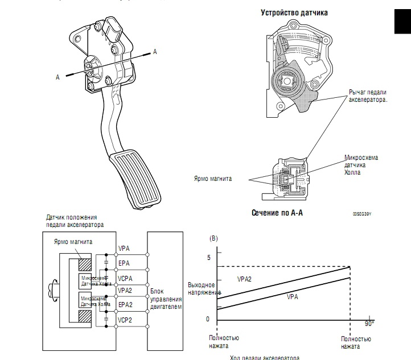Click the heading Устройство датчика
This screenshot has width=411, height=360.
(x=294, y=12)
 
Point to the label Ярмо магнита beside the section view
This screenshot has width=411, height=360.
(x=213, y=178)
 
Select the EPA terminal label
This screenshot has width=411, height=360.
(x=125, y=264)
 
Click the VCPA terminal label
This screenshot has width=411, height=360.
(x=126, y=279)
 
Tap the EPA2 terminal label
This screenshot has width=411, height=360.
(x=126, y=305)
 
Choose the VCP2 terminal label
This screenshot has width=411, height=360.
(x=126, y=320)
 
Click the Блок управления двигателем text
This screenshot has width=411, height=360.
(x=165, y=299)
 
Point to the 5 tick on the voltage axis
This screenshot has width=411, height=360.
(x=208, y=259)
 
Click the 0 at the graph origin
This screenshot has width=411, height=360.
(x=208, y=318)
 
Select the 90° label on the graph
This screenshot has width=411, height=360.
(x=369, y=323)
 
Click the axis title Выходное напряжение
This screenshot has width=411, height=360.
(x=201, y=288)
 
